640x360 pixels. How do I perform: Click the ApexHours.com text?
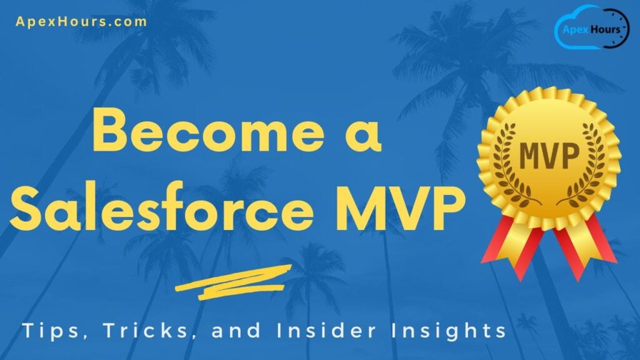pyautogui.click(x=81, y=21)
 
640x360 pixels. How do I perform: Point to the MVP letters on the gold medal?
pyautogui.click(x=548, y=157)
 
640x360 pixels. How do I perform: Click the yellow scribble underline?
pyautogui.click(x=234, y=279)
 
